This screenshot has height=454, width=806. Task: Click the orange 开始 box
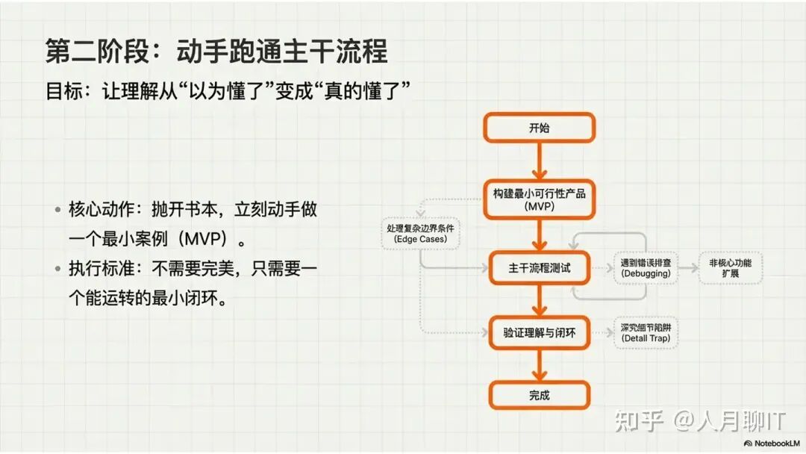(x=539, y=128)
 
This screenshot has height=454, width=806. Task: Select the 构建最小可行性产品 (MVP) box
(x=539, y=199)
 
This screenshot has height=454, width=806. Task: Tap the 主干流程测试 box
(x=539, y=268)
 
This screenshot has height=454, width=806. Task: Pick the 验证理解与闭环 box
(x=539, y=333)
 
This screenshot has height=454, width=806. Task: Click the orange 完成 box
(x=539, y=395)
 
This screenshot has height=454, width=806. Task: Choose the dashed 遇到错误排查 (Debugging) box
(x=646, y=268)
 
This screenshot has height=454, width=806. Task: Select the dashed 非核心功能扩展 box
(x=731, y=268)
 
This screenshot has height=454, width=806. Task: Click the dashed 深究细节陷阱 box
(x=646, y=333)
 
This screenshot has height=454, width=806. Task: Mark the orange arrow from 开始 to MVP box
(x=539, y=161)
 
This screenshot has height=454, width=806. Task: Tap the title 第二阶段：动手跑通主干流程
(x=216, y=52)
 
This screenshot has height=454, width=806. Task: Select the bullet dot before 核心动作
(x=57, y=210)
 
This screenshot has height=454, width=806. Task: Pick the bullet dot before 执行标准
(x=57, y=268)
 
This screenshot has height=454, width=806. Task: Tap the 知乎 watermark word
(x=639, y=421)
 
